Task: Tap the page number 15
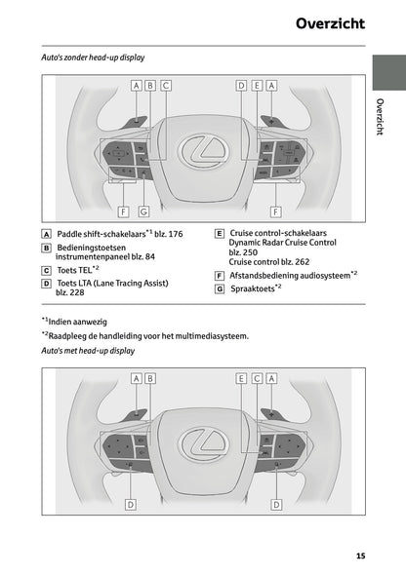[x=361, y=556]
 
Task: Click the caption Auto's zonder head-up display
[x=86, y=59]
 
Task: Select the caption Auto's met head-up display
[x=82, y=350]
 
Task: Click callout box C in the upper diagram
[x=166, y=86]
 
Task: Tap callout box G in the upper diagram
[x=142, y=211]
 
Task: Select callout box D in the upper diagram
[x=240, y=86]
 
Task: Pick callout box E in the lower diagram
[x=240, y=377]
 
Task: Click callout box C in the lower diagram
[x=256, y=377]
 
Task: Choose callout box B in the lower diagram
[x=151, y=377]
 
